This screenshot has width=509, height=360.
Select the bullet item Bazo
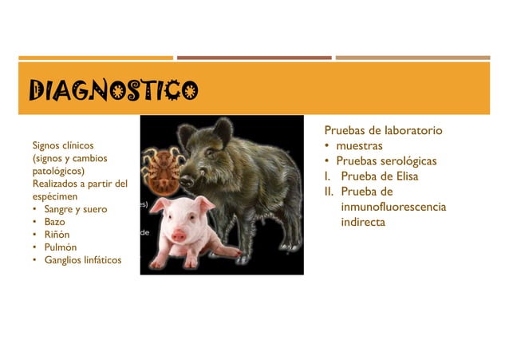55,221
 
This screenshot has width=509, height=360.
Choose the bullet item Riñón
57,234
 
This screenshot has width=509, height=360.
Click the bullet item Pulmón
60,247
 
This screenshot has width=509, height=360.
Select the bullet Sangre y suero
75,208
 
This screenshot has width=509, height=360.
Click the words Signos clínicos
62,145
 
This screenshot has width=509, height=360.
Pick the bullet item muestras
359,146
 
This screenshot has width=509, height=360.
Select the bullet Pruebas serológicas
386,161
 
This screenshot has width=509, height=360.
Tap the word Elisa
401,176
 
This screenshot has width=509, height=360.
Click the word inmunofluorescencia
393,208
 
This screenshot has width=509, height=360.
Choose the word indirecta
363,222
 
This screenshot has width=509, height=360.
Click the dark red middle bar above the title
254,57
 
